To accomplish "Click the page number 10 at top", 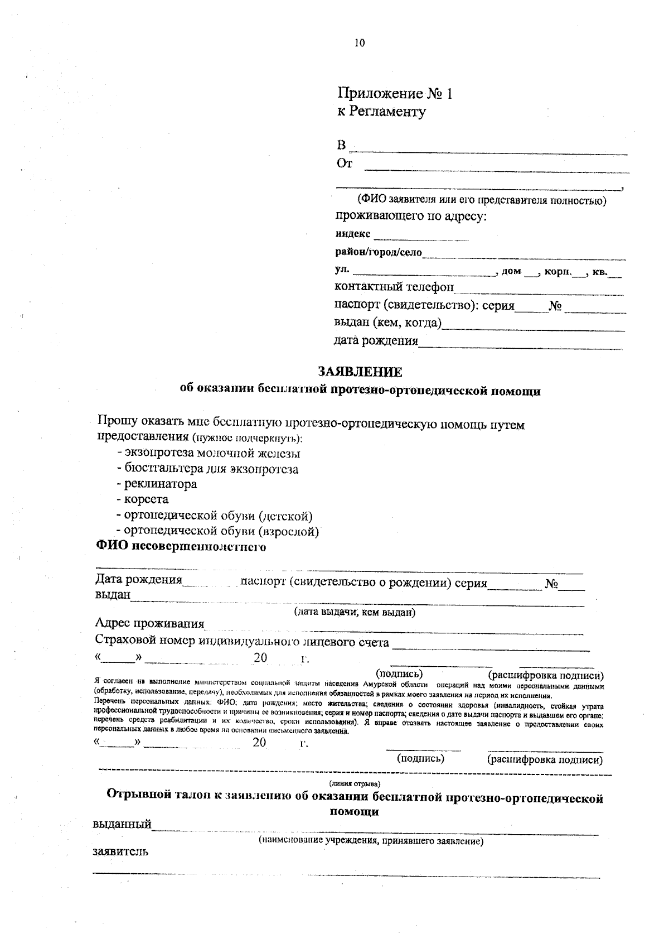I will point(360,43).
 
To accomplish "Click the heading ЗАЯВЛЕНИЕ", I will point(360,372).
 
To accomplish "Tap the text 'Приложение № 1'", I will point(395,93).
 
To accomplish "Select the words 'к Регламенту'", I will point(381,112).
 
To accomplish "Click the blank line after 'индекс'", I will point(421,237).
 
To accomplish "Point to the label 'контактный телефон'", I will point(394,287).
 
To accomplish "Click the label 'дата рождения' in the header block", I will point(376,341).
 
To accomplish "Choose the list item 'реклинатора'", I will point(160,484).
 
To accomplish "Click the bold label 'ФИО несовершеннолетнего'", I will point(181,547).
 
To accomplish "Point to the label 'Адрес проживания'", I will point(150,623).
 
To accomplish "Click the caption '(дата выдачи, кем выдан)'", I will point(355,612).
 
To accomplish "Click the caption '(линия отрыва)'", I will point(355,784).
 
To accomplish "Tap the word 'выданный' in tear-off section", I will point(122,824).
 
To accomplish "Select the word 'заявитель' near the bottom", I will point(120,852).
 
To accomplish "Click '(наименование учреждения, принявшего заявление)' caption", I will point(371,841).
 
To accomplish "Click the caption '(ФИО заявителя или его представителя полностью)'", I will point(482,200).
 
